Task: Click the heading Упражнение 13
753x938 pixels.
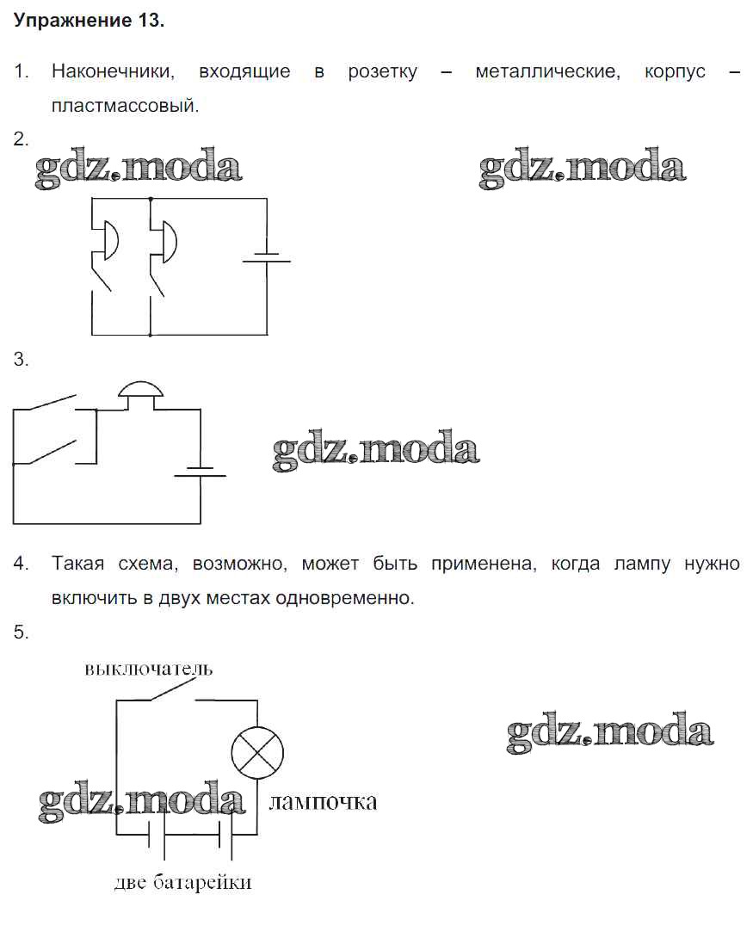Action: [89, 21]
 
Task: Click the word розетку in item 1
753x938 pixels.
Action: [382, 71]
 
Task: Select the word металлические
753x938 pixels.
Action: [547, 71]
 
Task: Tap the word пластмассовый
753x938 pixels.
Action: [125, 106]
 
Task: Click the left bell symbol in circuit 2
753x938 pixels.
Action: [111, 240]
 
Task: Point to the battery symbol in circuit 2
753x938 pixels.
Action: [266, 257]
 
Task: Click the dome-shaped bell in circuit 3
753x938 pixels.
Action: [140, 390]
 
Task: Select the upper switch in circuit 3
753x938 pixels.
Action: [45, 402]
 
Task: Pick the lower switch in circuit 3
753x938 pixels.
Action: [45, 452]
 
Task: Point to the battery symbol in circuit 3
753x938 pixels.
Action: [201, 472]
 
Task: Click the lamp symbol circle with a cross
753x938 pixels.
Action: [257, 753]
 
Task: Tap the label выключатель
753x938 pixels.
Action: [148, 669]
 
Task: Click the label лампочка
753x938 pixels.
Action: [323, 802]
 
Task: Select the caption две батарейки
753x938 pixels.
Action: [182, 882]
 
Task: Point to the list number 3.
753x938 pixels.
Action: [21, 360]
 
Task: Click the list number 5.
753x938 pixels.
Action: [21, 633]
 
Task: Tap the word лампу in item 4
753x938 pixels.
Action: [642, 565]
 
